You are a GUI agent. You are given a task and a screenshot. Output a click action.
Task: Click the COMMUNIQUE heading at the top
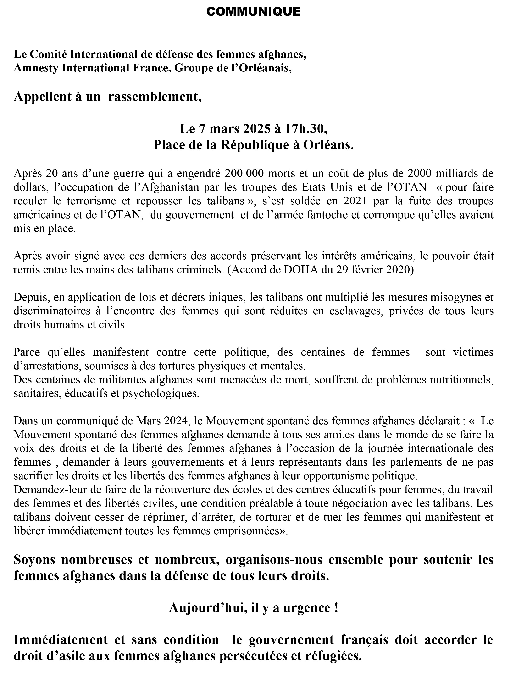(x=253, y=12)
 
